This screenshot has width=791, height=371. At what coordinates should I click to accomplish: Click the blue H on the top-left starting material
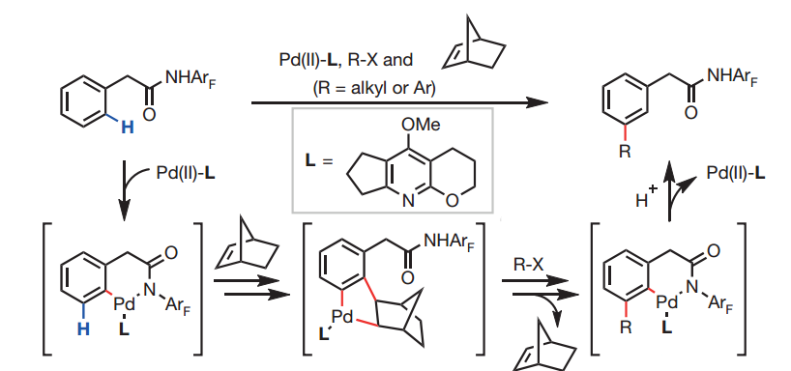pyautogui.click(x=128, y=128)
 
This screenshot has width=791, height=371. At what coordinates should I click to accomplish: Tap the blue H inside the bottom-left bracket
pyautogui.click(x=83, y=329)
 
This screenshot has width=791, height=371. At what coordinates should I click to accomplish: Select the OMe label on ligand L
pyautogui.click(x=422, y=125)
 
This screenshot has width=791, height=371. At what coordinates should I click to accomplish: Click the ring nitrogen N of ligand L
pyautogui.click(x=409, y=201)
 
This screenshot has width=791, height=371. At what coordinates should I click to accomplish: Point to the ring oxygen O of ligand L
pyautogui.click(x=452, y=201)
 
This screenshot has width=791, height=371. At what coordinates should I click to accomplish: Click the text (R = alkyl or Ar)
pyautogui.click(x=374, y=89)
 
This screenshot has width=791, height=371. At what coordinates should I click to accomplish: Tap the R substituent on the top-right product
pyautogui.click(x=625, y=151)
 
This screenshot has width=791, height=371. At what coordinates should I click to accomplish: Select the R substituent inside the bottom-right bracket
pyautogui.click(x=626, y=328)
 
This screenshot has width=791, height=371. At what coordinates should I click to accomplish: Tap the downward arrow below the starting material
pyautogui.click(x=124, y=190)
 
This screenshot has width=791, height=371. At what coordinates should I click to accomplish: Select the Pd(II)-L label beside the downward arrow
pyautogui.click(x=186, y=174)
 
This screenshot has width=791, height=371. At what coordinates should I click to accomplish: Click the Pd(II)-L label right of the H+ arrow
pyautogui.click(x=736, y=173)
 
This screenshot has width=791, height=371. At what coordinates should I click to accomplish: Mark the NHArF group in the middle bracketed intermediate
pyautogui.click(x=450, y=242)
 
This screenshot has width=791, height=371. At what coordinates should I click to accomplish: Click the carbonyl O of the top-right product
pyautogui.click(x=690, y=113)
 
